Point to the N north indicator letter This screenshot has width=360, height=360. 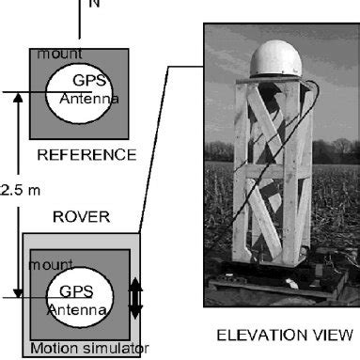(93, 5)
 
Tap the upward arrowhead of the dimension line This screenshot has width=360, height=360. (17, 100)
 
